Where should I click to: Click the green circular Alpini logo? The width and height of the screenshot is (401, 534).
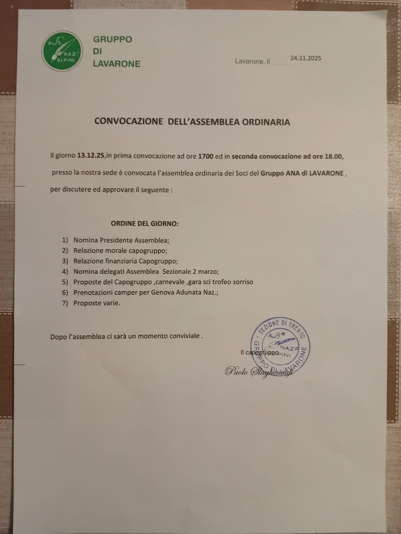point(62,51)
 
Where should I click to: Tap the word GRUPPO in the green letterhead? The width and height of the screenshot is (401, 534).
point(112,39)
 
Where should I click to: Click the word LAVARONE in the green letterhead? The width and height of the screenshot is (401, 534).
point(117,64)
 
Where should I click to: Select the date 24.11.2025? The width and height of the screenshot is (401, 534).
point(306,58)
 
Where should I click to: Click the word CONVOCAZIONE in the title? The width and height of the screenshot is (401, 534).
point(128,121)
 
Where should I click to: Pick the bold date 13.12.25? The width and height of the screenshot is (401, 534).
point(90,156)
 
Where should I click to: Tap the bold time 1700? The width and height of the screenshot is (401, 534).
point(205,157)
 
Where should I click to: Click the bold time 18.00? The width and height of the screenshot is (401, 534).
point(333,157)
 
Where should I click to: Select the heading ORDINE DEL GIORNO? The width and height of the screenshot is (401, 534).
point(144,224)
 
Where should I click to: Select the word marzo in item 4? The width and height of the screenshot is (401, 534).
point(209,271)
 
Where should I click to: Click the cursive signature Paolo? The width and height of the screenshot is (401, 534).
point(236,371)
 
